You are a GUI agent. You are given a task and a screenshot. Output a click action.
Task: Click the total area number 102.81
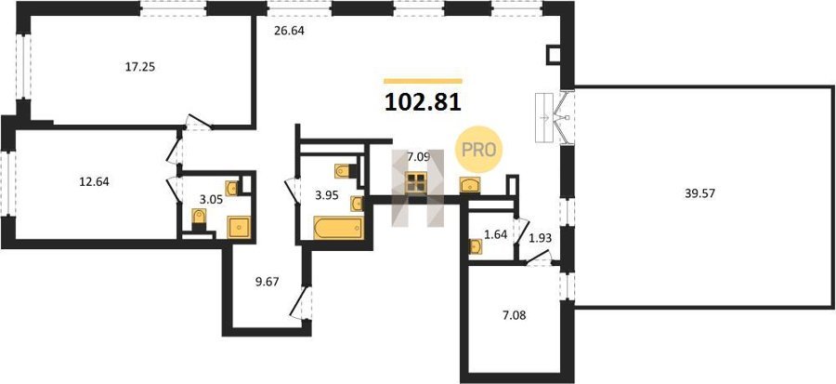(423, 101)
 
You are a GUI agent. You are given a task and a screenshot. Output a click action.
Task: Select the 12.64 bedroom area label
(94, 182)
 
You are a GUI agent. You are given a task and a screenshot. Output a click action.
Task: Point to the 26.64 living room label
(289, 31)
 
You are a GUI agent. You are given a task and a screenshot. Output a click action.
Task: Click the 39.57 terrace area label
(699, 193)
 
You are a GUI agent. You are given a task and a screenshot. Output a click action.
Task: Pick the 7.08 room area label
(514, 315)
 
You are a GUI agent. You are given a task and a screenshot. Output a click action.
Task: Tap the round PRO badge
(478, 150)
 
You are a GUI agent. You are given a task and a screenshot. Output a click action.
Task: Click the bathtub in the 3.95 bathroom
(338, 228)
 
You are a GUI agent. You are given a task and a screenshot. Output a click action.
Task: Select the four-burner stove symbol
(415, 182)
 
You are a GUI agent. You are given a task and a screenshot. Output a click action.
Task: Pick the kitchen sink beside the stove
(470, 184)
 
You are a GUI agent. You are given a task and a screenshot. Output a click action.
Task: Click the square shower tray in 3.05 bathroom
(239, 227)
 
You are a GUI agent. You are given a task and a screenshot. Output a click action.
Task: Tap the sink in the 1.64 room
(475, 246)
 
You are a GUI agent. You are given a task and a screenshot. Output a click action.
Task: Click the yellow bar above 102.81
(423, 81)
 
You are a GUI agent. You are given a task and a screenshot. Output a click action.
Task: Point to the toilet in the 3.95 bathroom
(342, 171)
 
